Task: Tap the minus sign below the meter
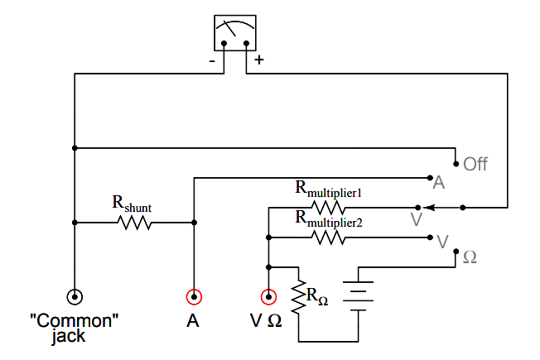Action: [214, 61]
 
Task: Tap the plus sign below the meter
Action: [259, 60]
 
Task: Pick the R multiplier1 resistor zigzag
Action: [328, 206]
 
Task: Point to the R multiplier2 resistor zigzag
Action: [328, 238]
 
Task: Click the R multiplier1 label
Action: [330, 188]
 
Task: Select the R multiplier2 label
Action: [330, 219]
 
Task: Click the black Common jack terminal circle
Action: [75, 296]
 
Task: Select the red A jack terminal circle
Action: [194, 296]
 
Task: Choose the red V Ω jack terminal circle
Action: [268, 296]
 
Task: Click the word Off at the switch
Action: [475, 164]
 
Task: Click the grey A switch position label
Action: [440, 182]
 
